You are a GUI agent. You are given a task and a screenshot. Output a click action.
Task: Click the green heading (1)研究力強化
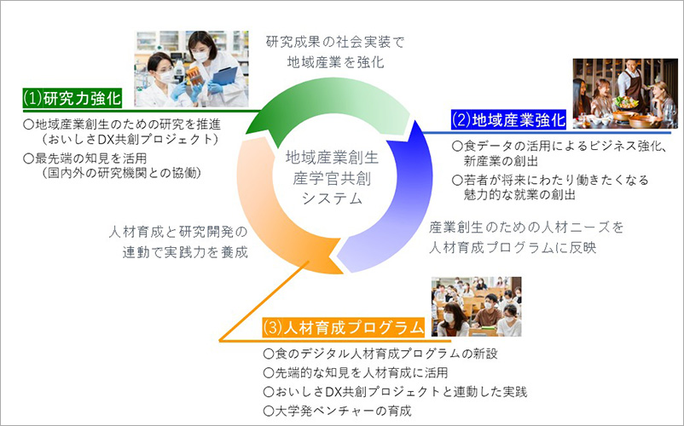pyautogui.click(x=72, y=98)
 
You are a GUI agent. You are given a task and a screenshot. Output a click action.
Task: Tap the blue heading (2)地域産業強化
pyautogui.click(x=508, y=119)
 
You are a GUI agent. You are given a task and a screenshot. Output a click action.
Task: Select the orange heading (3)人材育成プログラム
pyautogui.click(x=344, y=327)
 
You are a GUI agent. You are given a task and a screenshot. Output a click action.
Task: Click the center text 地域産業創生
pyautogui.click(x=332, y=158)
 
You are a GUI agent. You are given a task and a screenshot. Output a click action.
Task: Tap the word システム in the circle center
pyautogui.click(x=333, y=199)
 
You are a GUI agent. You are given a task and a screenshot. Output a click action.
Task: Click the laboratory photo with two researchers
pyautogui.click(x=191, y=69)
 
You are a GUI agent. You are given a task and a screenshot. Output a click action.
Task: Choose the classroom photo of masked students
pyautogui.click(x=477, y=306)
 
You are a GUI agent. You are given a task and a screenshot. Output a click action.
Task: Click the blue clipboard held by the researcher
pyautogui.click(x=225, y=76)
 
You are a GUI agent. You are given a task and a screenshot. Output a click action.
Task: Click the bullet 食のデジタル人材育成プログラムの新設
pyautogui.click(x=380, y=354)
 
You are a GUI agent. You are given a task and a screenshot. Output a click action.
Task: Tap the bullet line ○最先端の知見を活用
pyautogui.click(x=84, y=158)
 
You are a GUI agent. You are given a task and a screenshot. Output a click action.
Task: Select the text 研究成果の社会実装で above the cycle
pyautogui.click(x=335, y=42)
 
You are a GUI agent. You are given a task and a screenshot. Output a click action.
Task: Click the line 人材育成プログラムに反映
pyautogui.click(x=513, y=247)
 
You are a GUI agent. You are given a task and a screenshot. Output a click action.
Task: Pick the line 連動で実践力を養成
pyautogui.click(x=185, y=252)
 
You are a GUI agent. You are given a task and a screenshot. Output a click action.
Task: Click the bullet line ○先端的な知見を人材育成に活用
pyautogui.click(x=356, y=372)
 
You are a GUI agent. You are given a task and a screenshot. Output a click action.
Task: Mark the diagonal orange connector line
pyautogui.click(x=264, y=301)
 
